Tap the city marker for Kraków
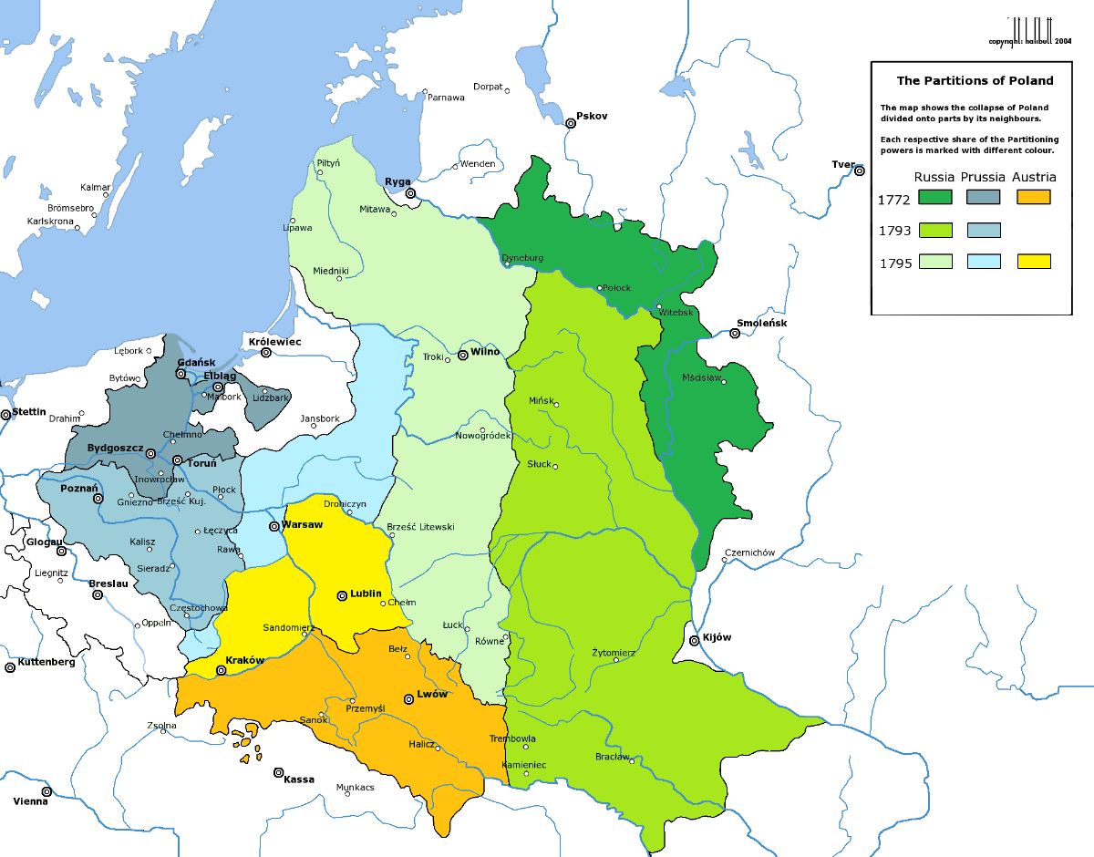click(x=221, y=671)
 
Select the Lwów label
click(x=432, y=694)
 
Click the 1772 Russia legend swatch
click(x=935, y=197)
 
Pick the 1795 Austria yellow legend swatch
click(x=1034, y=262)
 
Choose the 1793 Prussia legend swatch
click(x=984, y=230)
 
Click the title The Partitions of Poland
click(x=975, y=80)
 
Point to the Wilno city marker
click(x=463, y=355)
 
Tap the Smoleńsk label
click(x=762, y=324)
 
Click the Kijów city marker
click(x=696, y=641)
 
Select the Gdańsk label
click(x=196, y=362)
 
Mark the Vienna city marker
click(x=46, y=791)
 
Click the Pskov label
click(x=592, y=117)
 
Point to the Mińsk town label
click(x=541, y=400)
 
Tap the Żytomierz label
click(x=614, y=652)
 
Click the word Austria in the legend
click(x=1034, y=177)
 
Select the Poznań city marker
click(x=98, y=499)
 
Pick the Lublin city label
click(x=366, y=594)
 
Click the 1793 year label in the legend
click(x=894, y=231)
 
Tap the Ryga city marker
click(x=410, y=193)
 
